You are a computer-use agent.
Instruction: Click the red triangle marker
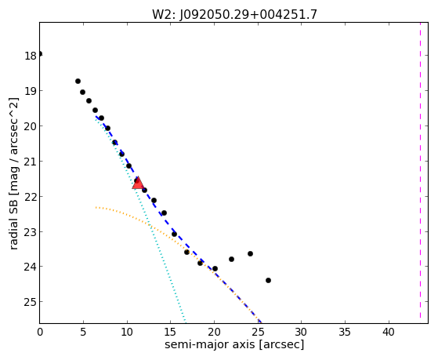(138, 183)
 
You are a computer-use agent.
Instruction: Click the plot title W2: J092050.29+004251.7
(234, 14)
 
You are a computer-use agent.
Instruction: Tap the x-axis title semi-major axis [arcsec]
(234, 344)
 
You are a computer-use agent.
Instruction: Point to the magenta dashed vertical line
(420, 173)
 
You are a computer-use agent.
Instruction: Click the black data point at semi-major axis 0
(40, 53)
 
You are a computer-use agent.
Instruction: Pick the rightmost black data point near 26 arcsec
(268, 280)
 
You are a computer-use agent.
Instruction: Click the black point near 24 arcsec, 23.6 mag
(250, 253)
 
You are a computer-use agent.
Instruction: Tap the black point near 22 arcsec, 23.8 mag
(231, 260)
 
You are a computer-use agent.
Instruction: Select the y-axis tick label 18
(31, 56)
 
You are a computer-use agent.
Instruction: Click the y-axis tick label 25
(31, 302)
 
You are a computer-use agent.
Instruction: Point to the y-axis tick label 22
(31, 197)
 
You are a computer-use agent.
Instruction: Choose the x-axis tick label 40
(389, 332)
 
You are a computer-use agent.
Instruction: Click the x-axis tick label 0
(40, 332)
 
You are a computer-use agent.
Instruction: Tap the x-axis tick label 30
(301, 332)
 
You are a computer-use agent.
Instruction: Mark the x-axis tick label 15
(170, 332)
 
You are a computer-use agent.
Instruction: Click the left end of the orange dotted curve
(96, 207)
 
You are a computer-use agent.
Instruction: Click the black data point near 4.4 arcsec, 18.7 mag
(78, 81)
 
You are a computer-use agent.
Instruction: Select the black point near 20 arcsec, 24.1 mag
(215, 269)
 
